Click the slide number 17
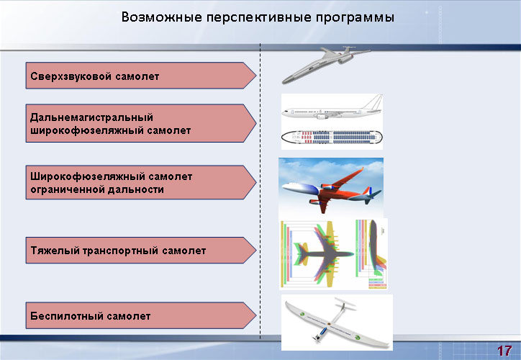click(x=504, y=351)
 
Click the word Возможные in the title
click(x=161, y=17)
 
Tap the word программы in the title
click(x=355, y=17)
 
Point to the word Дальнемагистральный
click(x=91, y=117)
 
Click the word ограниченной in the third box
click(x=66, y=189)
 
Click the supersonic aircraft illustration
click(x=325, y=64)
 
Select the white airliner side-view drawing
click(x=332, y=108)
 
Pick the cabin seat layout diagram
click(x=332, y=137)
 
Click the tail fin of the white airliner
click(x=373, y=102)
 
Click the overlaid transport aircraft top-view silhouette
click(x=317, y=254)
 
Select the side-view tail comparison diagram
click(x=371, y=254)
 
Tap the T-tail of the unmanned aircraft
click(x=345, y=304)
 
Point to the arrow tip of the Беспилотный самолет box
click(x=256, y=315)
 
